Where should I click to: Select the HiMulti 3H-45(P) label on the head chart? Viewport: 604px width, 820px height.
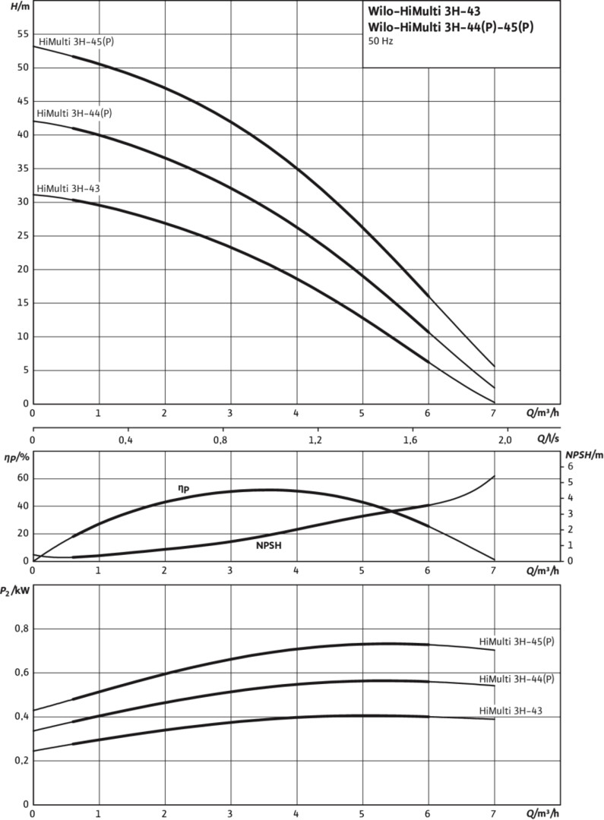click(x=75, y=40)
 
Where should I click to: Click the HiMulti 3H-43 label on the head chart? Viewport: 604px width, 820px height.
click(x=68, y=188)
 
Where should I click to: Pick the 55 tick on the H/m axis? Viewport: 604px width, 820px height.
click(x=21, y=34)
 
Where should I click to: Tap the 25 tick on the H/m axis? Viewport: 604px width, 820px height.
click(x=21, y=235)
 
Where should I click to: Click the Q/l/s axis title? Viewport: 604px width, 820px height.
click(x=548, y=438)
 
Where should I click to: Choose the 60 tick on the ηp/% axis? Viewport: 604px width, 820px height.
click(x=21, y=478)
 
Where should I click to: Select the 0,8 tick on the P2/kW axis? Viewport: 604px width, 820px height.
click(x=18, y=629)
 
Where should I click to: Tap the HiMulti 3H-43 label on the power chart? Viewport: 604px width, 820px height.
click(x=511, y=711)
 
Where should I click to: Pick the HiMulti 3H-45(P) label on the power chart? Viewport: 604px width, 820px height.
click(x=517, y=642)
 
